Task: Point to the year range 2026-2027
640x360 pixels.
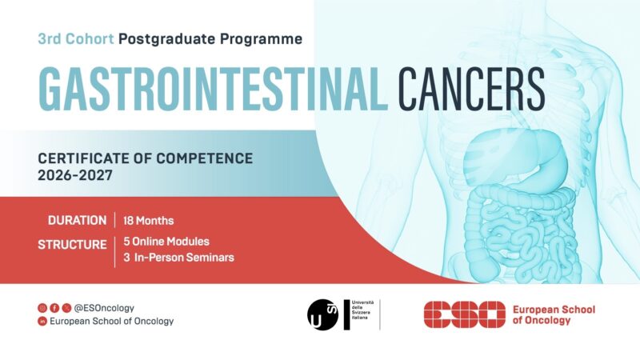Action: coord(74,174)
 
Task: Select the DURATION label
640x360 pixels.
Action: coord(77,220)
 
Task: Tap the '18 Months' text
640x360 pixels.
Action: coord(149,220)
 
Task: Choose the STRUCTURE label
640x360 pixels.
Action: coord(72,244)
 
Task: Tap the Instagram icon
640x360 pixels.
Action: coord(42,307)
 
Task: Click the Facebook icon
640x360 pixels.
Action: coord(54,307)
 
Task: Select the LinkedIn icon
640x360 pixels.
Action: coord(42,321)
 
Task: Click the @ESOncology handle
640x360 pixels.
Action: coord(104,307)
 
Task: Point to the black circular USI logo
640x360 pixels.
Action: coord(323,314)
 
